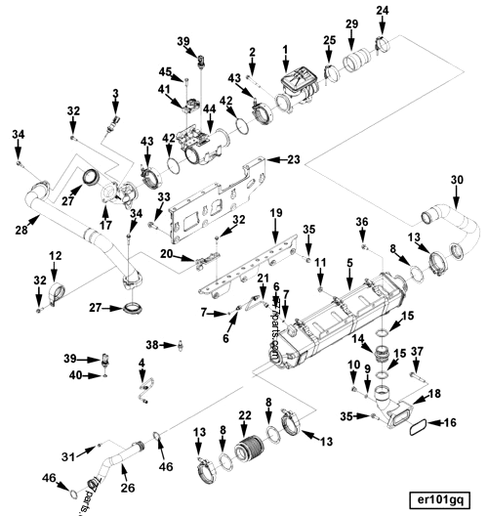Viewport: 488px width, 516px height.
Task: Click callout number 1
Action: [x=285, y=49]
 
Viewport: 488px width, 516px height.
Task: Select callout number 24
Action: [x=383, y=11]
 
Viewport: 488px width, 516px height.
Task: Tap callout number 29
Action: [x=351, y=22]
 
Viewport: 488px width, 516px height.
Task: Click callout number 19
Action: [x=276, y=212]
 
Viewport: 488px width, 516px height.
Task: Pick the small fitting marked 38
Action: [x=182, y=343]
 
